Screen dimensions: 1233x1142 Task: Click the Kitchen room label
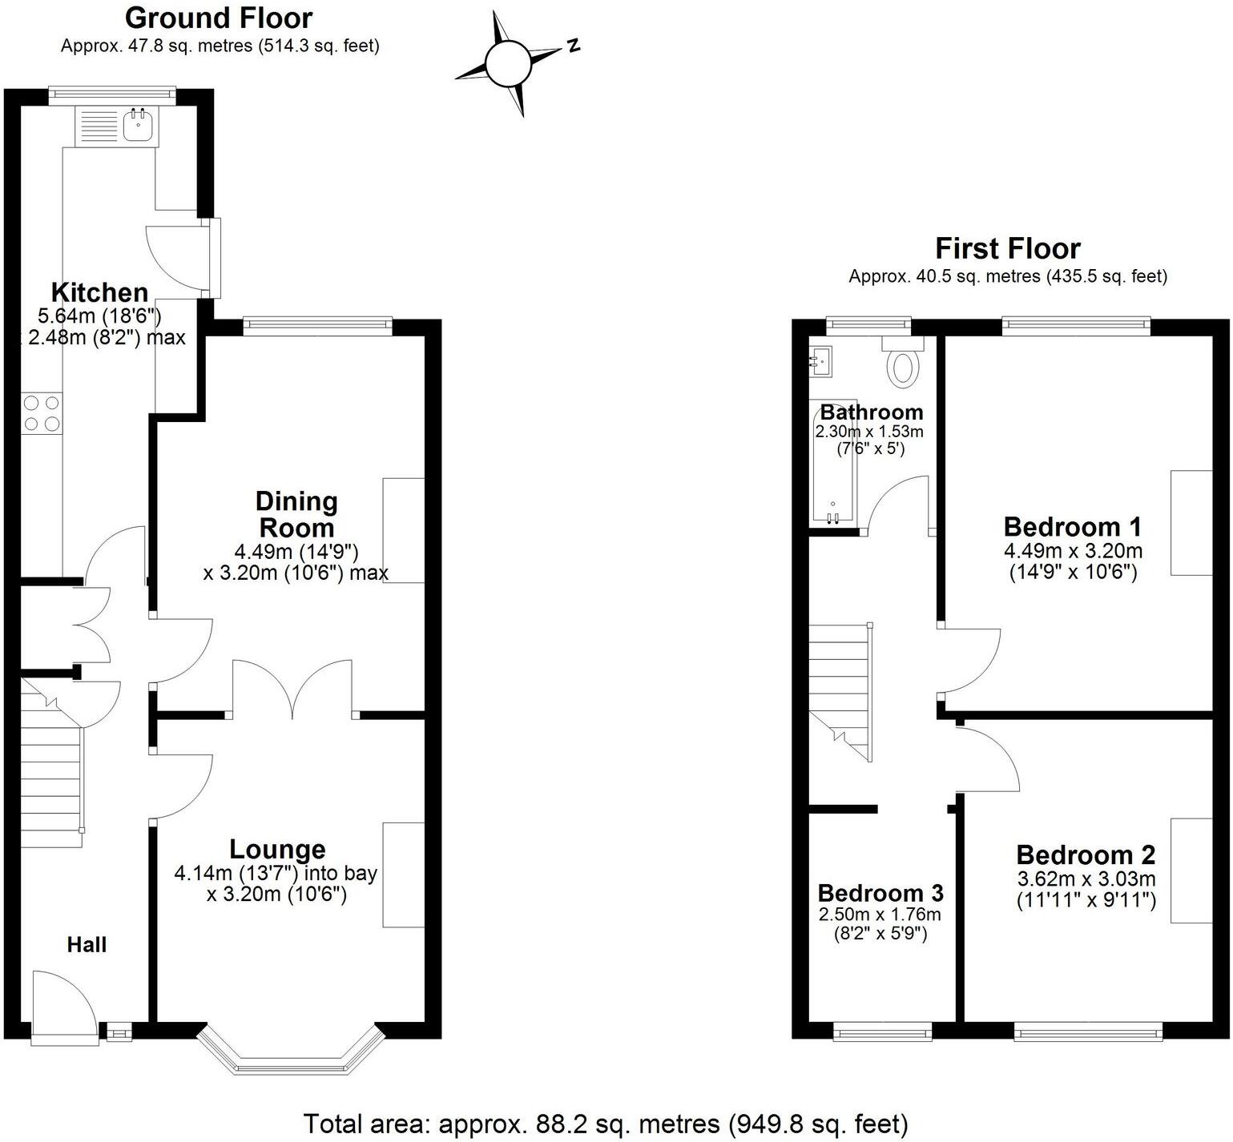99,292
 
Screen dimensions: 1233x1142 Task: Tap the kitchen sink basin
139,124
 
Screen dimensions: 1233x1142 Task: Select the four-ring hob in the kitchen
42,413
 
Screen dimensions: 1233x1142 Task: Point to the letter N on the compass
573,46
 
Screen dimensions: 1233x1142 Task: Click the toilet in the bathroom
904,367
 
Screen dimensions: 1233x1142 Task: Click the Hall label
87,945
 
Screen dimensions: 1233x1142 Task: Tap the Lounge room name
277,849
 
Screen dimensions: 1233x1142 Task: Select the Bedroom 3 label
880,892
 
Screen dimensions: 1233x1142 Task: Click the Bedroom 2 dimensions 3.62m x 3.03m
1086,879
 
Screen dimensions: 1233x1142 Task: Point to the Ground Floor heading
219,18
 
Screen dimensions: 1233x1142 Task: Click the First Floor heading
1008,248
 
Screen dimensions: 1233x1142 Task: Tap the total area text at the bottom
606,1124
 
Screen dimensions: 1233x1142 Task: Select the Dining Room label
296,514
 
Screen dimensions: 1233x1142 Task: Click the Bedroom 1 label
1072,527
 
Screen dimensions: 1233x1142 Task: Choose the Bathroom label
872,412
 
